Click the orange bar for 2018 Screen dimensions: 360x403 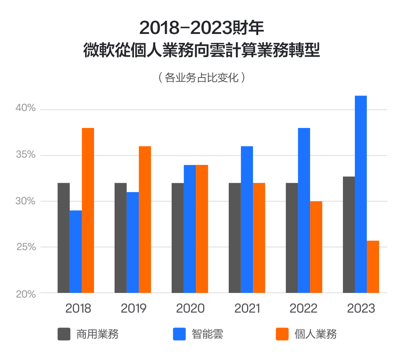tap(88, 210)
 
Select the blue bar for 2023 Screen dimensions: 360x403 tap(360, 194)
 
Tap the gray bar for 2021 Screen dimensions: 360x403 tap(235, 238)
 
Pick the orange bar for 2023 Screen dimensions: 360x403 tap(373, 267)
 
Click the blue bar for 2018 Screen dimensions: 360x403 tap(76, 251)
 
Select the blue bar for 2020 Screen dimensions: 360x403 tap(190, 229)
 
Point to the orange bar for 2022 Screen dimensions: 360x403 tap(316, 247)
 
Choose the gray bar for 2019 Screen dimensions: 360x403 tap(121, 238)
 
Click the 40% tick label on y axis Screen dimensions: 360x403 tap(25, 109)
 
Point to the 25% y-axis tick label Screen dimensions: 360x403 tap(25, 247)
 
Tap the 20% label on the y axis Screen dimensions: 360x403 tap(25, 294)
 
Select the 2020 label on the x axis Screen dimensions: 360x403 tap(190, 309)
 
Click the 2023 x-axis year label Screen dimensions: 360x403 tap(361, 309)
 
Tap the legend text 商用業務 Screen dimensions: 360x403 tap(97, 334)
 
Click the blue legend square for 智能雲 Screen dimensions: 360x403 tap(179, 334)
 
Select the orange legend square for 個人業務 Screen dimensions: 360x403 tap(282, 334)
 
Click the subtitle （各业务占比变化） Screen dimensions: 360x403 tap(201, 78)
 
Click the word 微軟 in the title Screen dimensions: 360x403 tap(95, 50)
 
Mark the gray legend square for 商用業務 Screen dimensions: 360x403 tap(64, 334)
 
